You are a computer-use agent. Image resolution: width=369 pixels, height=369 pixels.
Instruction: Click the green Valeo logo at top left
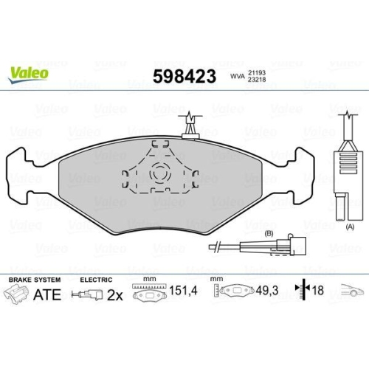[x=30, y=72]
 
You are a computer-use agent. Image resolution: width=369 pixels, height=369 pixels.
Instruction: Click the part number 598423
[x=184, y=75]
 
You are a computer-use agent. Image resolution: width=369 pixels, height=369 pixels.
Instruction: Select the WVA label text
[x=238, y=75]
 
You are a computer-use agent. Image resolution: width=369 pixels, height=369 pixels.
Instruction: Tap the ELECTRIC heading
[x=96, y=280]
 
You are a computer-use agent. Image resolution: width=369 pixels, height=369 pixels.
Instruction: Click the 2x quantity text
[x=114, y=296]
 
